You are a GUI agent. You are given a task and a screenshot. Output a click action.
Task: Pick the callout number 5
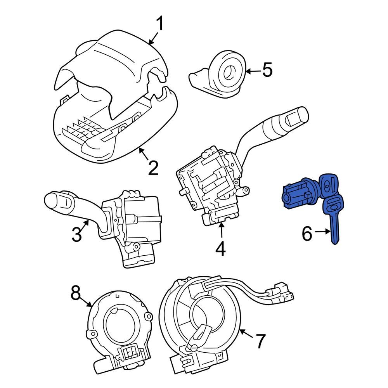pos(267,70)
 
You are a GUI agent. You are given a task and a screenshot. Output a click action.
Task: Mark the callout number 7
pos(260,341)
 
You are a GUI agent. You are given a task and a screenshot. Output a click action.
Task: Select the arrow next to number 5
pos(253,71)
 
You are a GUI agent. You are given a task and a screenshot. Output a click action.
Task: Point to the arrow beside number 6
pos(322,232)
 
